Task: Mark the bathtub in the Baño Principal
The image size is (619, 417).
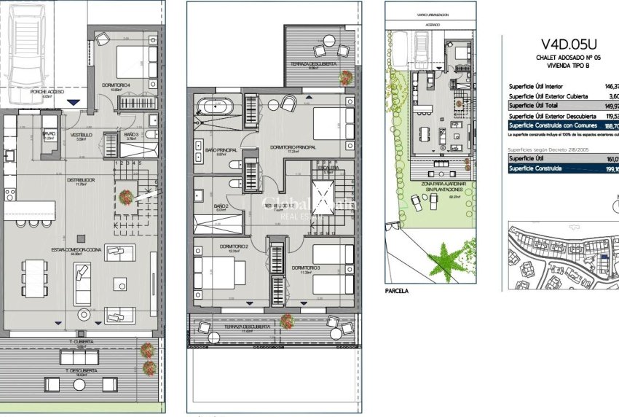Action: click(215, 108)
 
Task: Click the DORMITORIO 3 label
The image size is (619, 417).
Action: click(305, 268)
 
